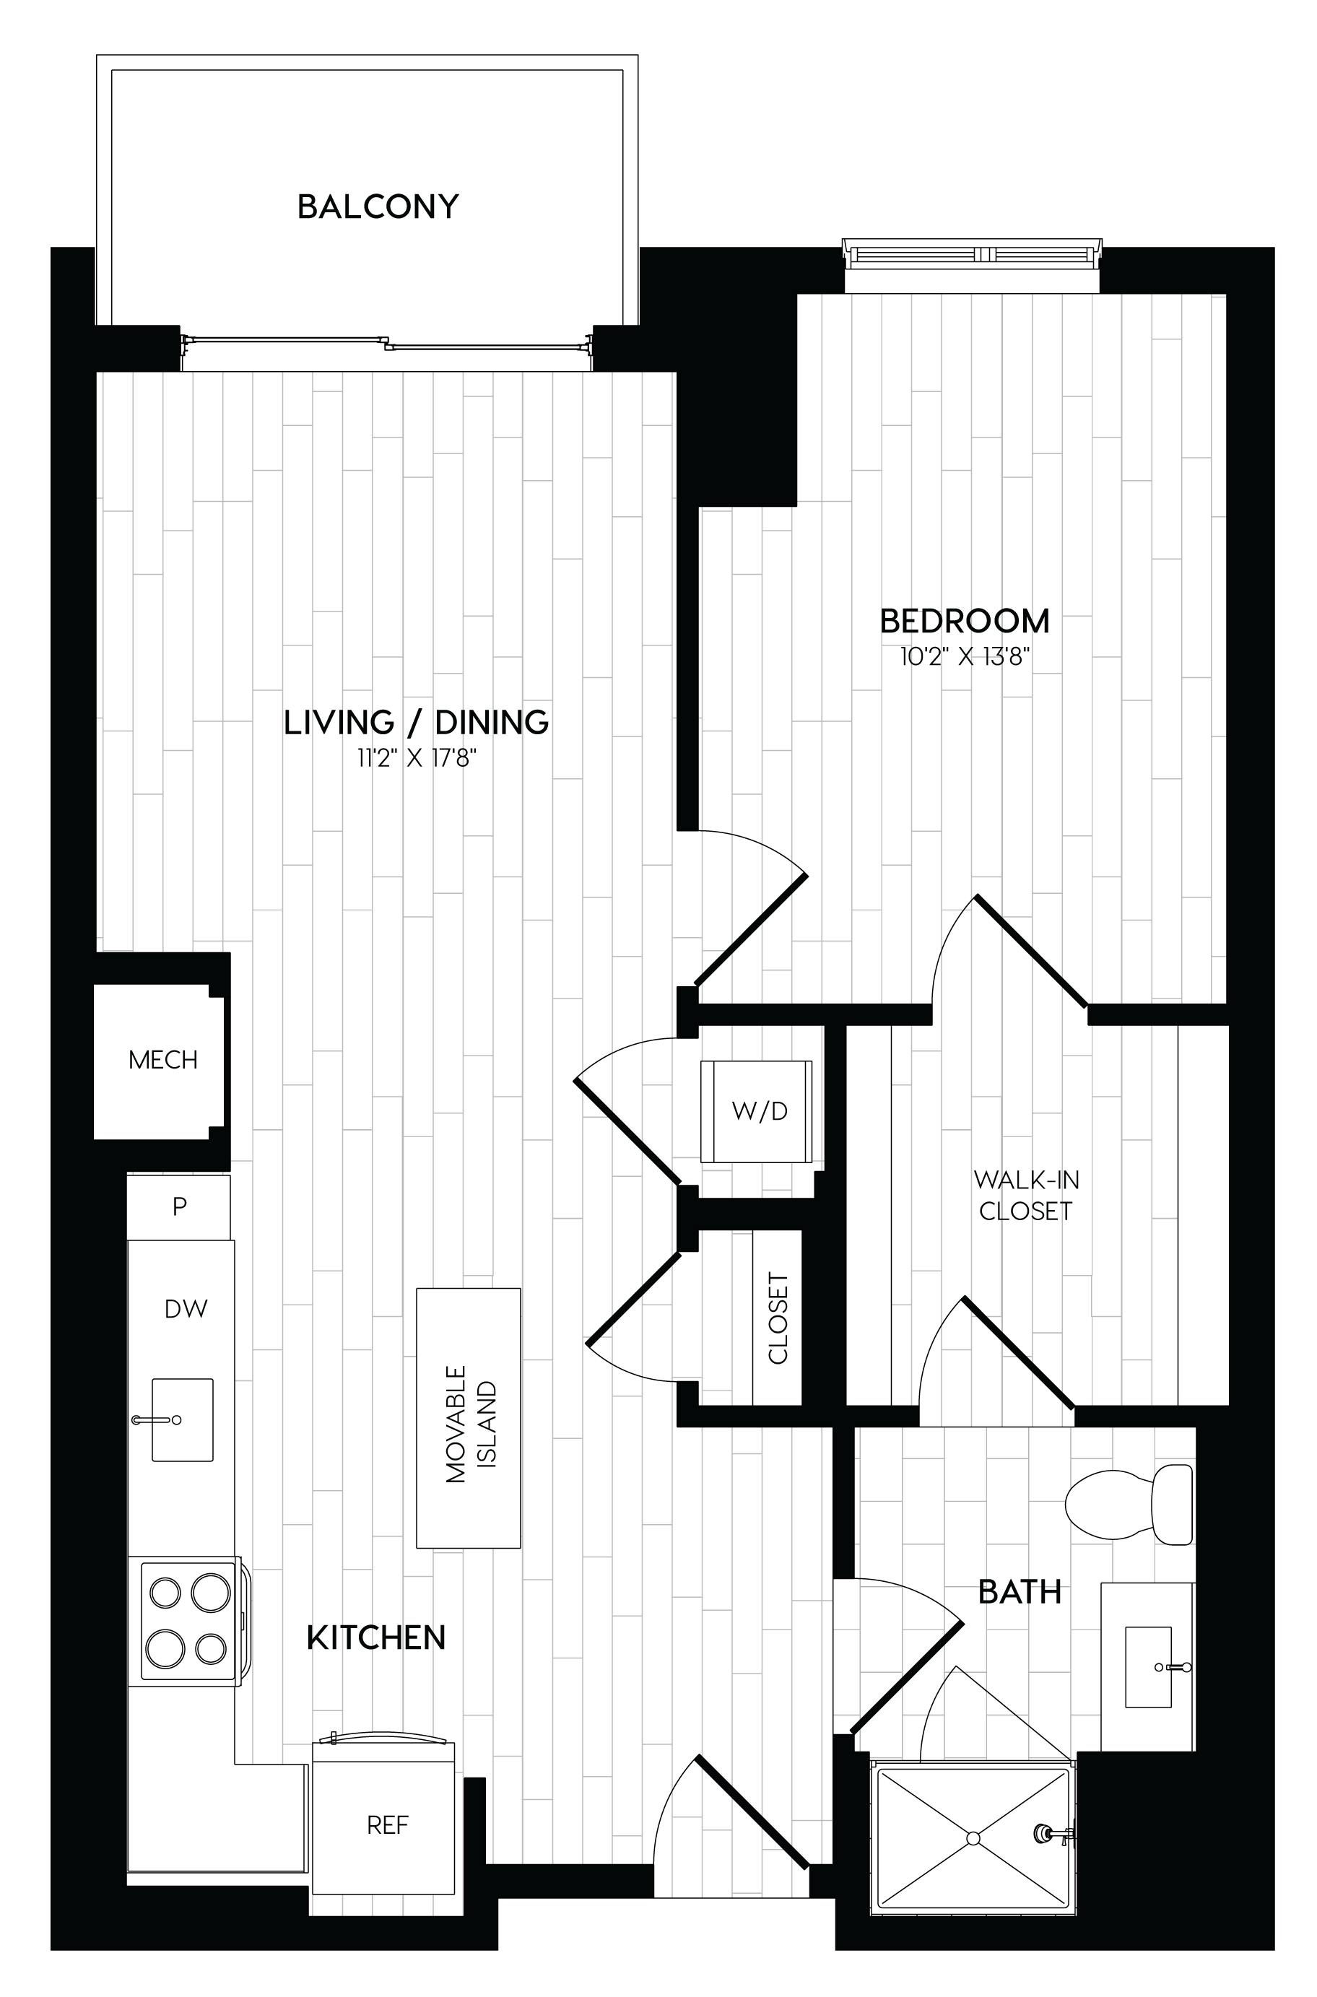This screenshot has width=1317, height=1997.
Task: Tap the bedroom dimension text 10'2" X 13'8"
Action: [965, 657]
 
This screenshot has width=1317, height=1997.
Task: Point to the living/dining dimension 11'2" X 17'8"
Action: [417, 759]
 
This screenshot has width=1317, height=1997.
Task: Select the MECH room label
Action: [163, 1060]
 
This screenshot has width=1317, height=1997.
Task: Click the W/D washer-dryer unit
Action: [757, 1111]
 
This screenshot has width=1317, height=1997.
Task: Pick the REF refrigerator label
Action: [387, 1825]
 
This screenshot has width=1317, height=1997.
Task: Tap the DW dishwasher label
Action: [186, 1308]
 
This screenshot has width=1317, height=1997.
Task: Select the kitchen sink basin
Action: [182, 1419]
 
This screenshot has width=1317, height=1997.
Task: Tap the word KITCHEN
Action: [376, 1637]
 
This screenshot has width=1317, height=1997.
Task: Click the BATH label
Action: [1020, 1591]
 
